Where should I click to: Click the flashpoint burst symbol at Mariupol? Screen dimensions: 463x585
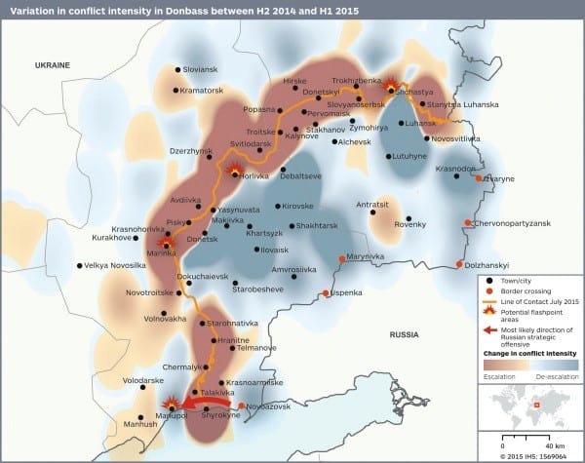coord(174,404)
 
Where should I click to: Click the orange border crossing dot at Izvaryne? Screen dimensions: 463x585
coord(479,179)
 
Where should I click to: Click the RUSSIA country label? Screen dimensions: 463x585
coord(404,333)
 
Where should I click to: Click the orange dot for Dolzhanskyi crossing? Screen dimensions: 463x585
coord(460,264)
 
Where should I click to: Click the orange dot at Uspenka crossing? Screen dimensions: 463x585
coord(327,293)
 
